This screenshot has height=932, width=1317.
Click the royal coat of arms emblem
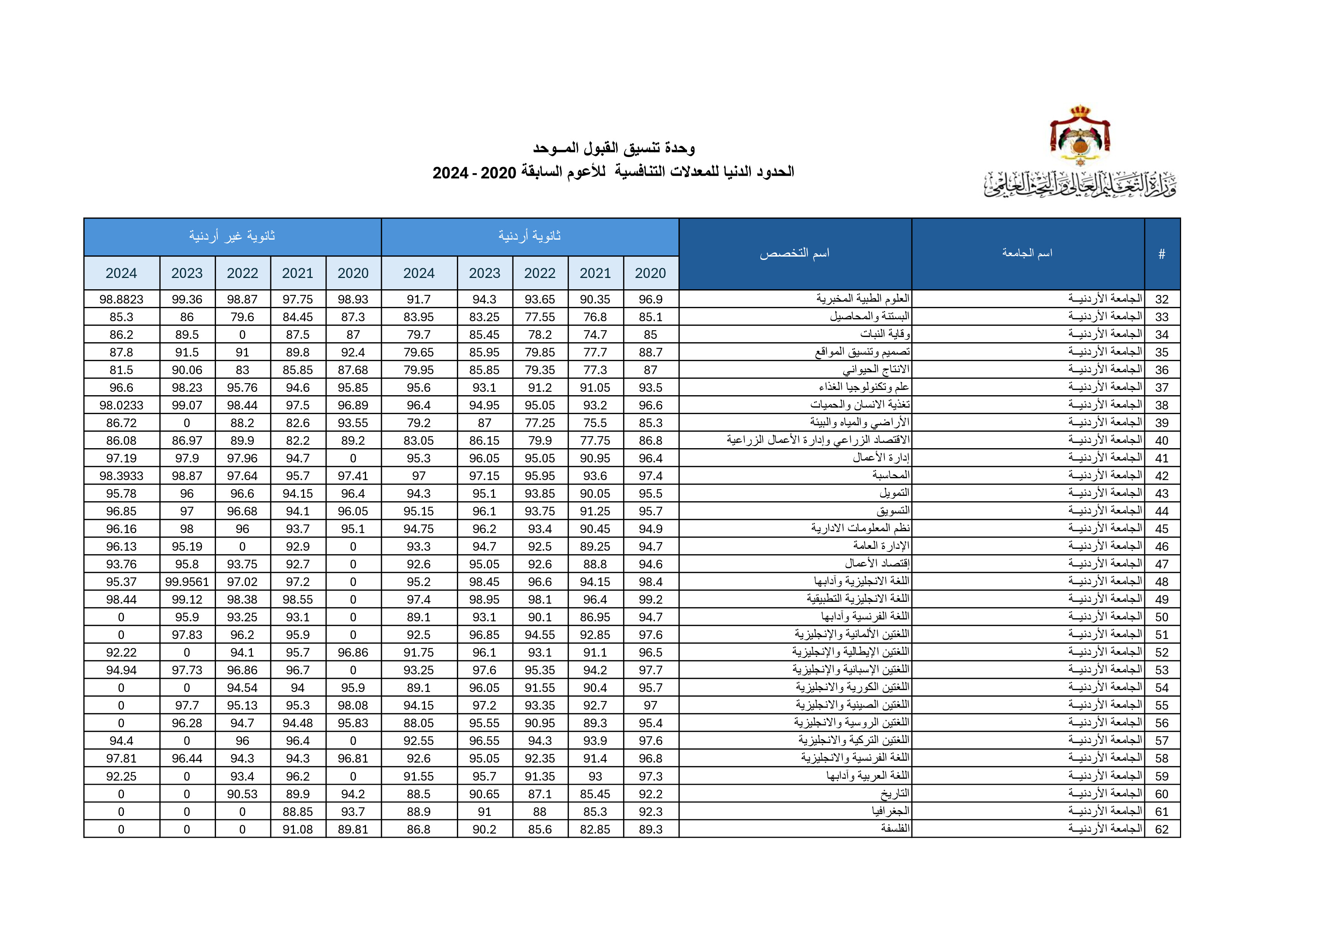click(1079, 136)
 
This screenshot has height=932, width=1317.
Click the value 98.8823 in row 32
click(121, 299)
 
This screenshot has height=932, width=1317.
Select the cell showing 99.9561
click(187, 582)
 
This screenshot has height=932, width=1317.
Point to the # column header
click(1162, 254)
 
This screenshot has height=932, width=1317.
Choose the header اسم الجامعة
click(1027, 253)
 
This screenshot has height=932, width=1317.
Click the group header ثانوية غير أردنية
click(232, 236)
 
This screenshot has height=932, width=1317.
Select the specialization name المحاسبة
click(891, 476)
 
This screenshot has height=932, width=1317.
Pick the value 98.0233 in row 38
click(121, 406)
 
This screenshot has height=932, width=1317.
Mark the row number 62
click(1162, 829)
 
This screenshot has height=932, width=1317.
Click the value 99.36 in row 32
click(187, 299)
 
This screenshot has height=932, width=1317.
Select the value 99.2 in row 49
click(651, 600)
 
